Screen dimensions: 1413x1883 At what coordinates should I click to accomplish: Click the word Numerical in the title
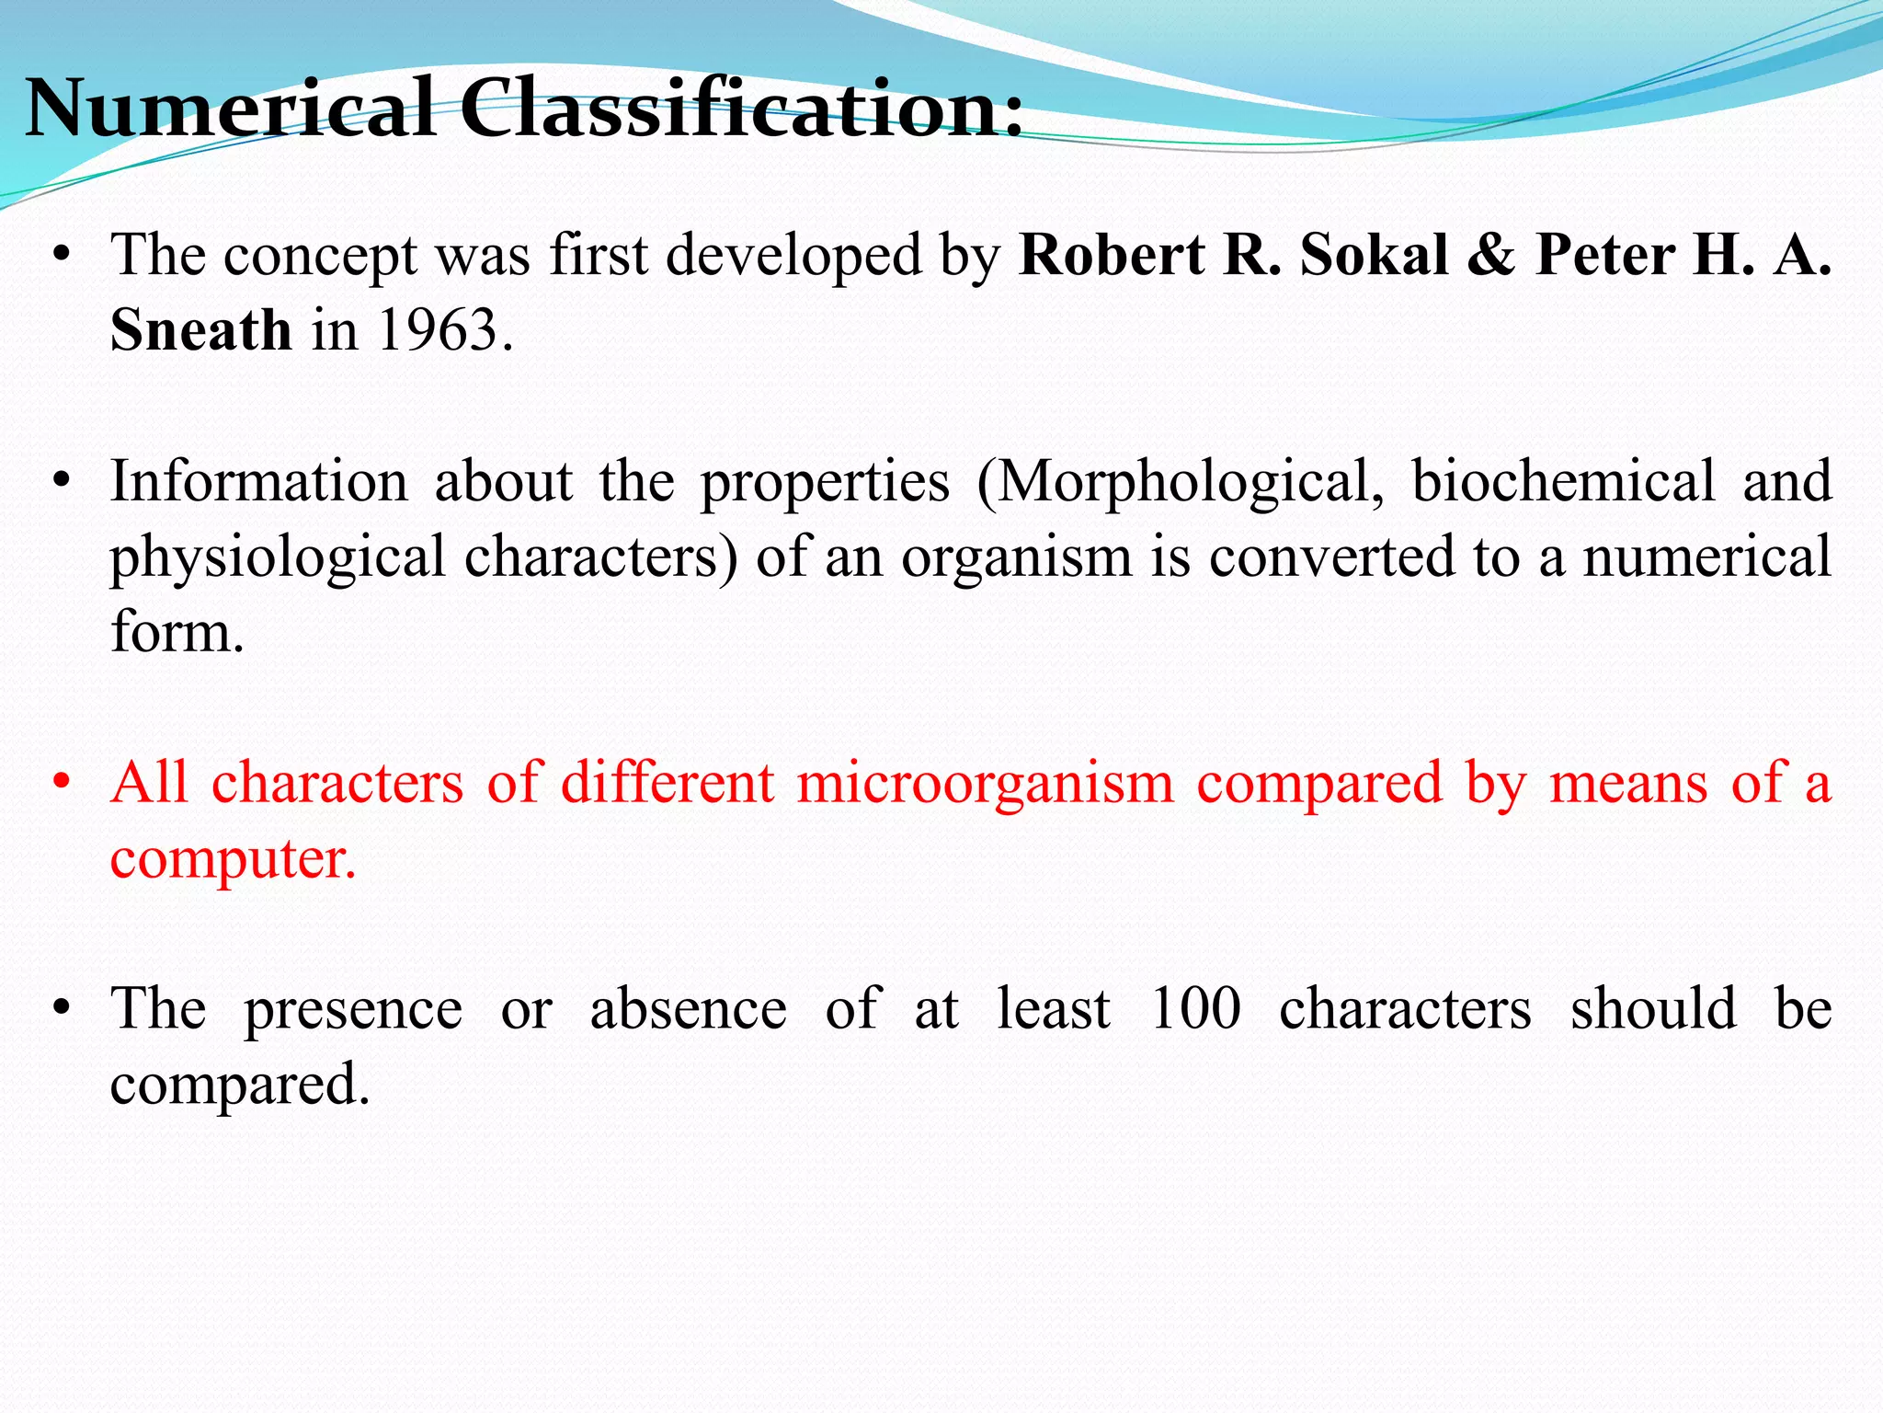tap(230, 109)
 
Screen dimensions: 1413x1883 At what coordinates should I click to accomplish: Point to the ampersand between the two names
tap(1491, 255)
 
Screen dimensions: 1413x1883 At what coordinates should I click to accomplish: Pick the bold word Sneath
tap(200, 329)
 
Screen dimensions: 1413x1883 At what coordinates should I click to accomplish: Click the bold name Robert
tap(1112, 255)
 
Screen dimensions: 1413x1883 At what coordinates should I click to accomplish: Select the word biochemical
tap(1563, 481)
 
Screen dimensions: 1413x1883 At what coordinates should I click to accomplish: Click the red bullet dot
tap(62, 784)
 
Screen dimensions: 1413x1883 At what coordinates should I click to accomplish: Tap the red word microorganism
tap(985, 784)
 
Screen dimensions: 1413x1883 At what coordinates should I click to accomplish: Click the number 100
tap(1195, 1009)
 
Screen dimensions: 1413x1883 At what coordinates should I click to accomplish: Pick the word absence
tap(688, 1009)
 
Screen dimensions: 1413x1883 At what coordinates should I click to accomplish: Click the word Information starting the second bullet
tap(259, 481)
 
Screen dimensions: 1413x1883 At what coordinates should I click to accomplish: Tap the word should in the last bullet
tap(1653, 1009)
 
